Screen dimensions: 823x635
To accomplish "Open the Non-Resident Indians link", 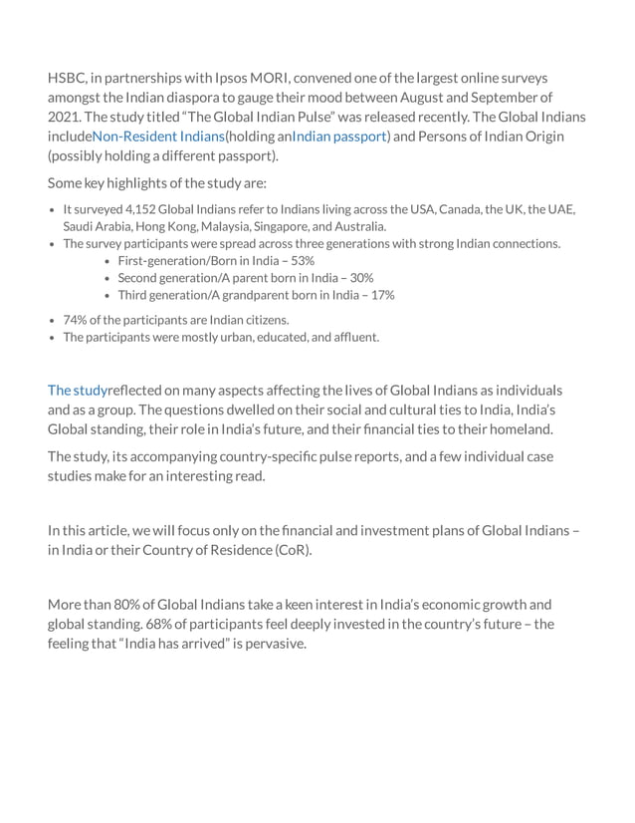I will click(158, 137).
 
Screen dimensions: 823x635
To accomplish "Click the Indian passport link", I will click(339, 137).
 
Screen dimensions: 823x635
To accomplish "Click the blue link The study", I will click(77, 390).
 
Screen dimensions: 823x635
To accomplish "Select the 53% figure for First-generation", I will click(301, 260).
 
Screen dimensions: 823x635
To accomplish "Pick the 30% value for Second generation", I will click(359, 278).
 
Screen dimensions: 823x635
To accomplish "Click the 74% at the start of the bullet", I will click(75, 320).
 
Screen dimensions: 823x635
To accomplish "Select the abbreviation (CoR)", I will click(292, 550).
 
